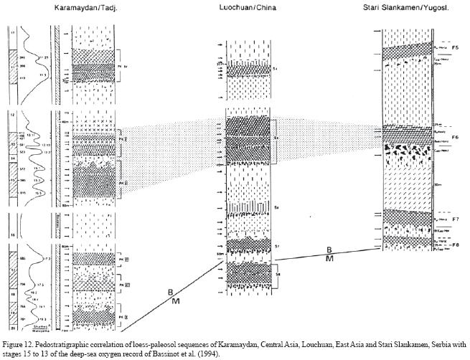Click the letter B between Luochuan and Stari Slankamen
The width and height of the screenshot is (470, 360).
(329, 249)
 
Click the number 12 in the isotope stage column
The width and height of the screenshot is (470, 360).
(11, 115)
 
